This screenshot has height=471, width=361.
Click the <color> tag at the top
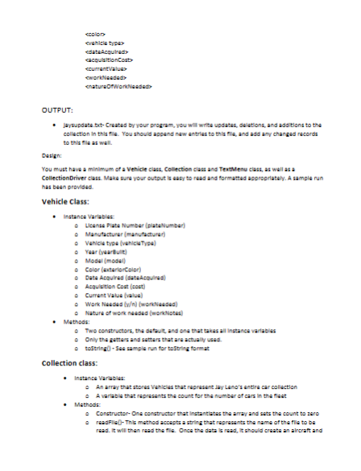pyautogui.click(x=95, y=33)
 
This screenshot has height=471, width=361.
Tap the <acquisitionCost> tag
pyautogui.click(x=110, y=60)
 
